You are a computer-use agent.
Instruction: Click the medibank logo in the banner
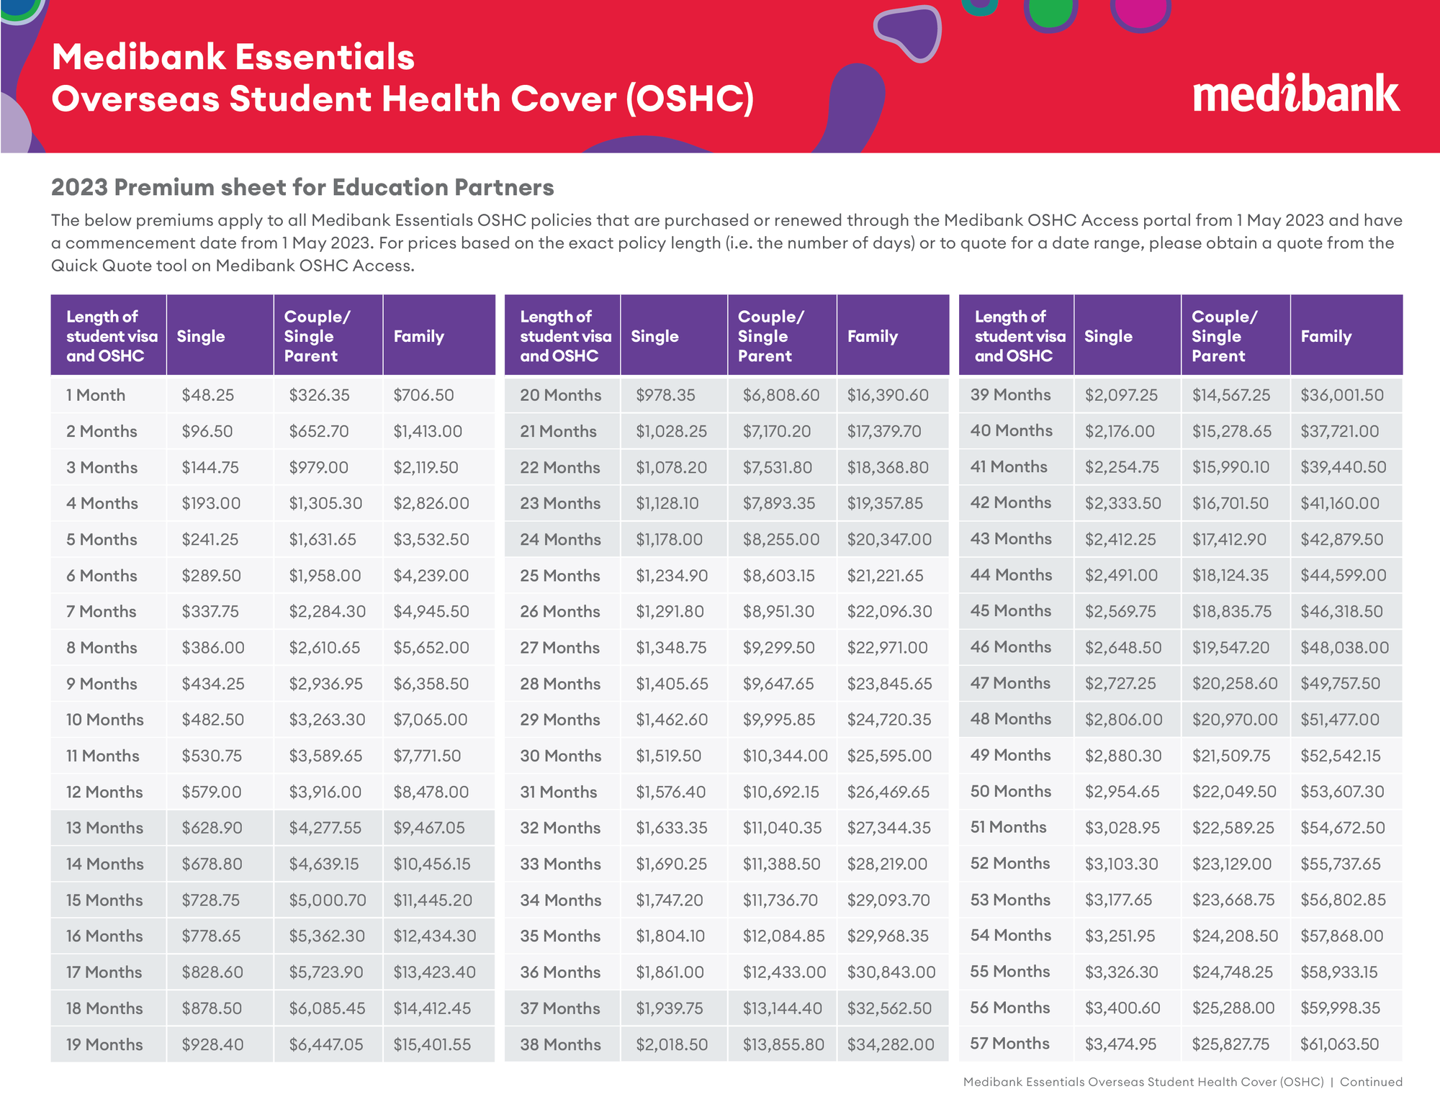(1296, 93)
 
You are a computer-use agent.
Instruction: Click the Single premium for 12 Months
(211, 792)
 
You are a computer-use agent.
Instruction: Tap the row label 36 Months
(560, 972)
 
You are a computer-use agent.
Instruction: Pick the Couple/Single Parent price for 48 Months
(1235, 719)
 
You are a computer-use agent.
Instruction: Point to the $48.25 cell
(207, 395)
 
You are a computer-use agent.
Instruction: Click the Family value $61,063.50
(1339, 1044)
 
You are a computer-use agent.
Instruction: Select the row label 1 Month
(96, 395)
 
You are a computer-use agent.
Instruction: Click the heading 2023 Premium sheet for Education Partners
(302, 187)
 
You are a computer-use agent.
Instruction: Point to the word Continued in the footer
(1371, 1082)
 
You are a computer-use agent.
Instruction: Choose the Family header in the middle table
(872, 336)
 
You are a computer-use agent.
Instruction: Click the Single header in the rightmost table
(1108, 336)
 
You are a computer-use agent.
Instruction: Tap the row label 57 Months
(1009, 1044)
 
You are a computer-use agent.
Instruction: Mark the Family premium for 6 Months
(431, 576)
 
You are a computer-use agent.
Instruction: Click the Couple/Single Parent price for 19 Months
(326, 1044)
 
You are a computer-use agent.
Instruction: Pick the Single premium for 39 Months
(1121, 395)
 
